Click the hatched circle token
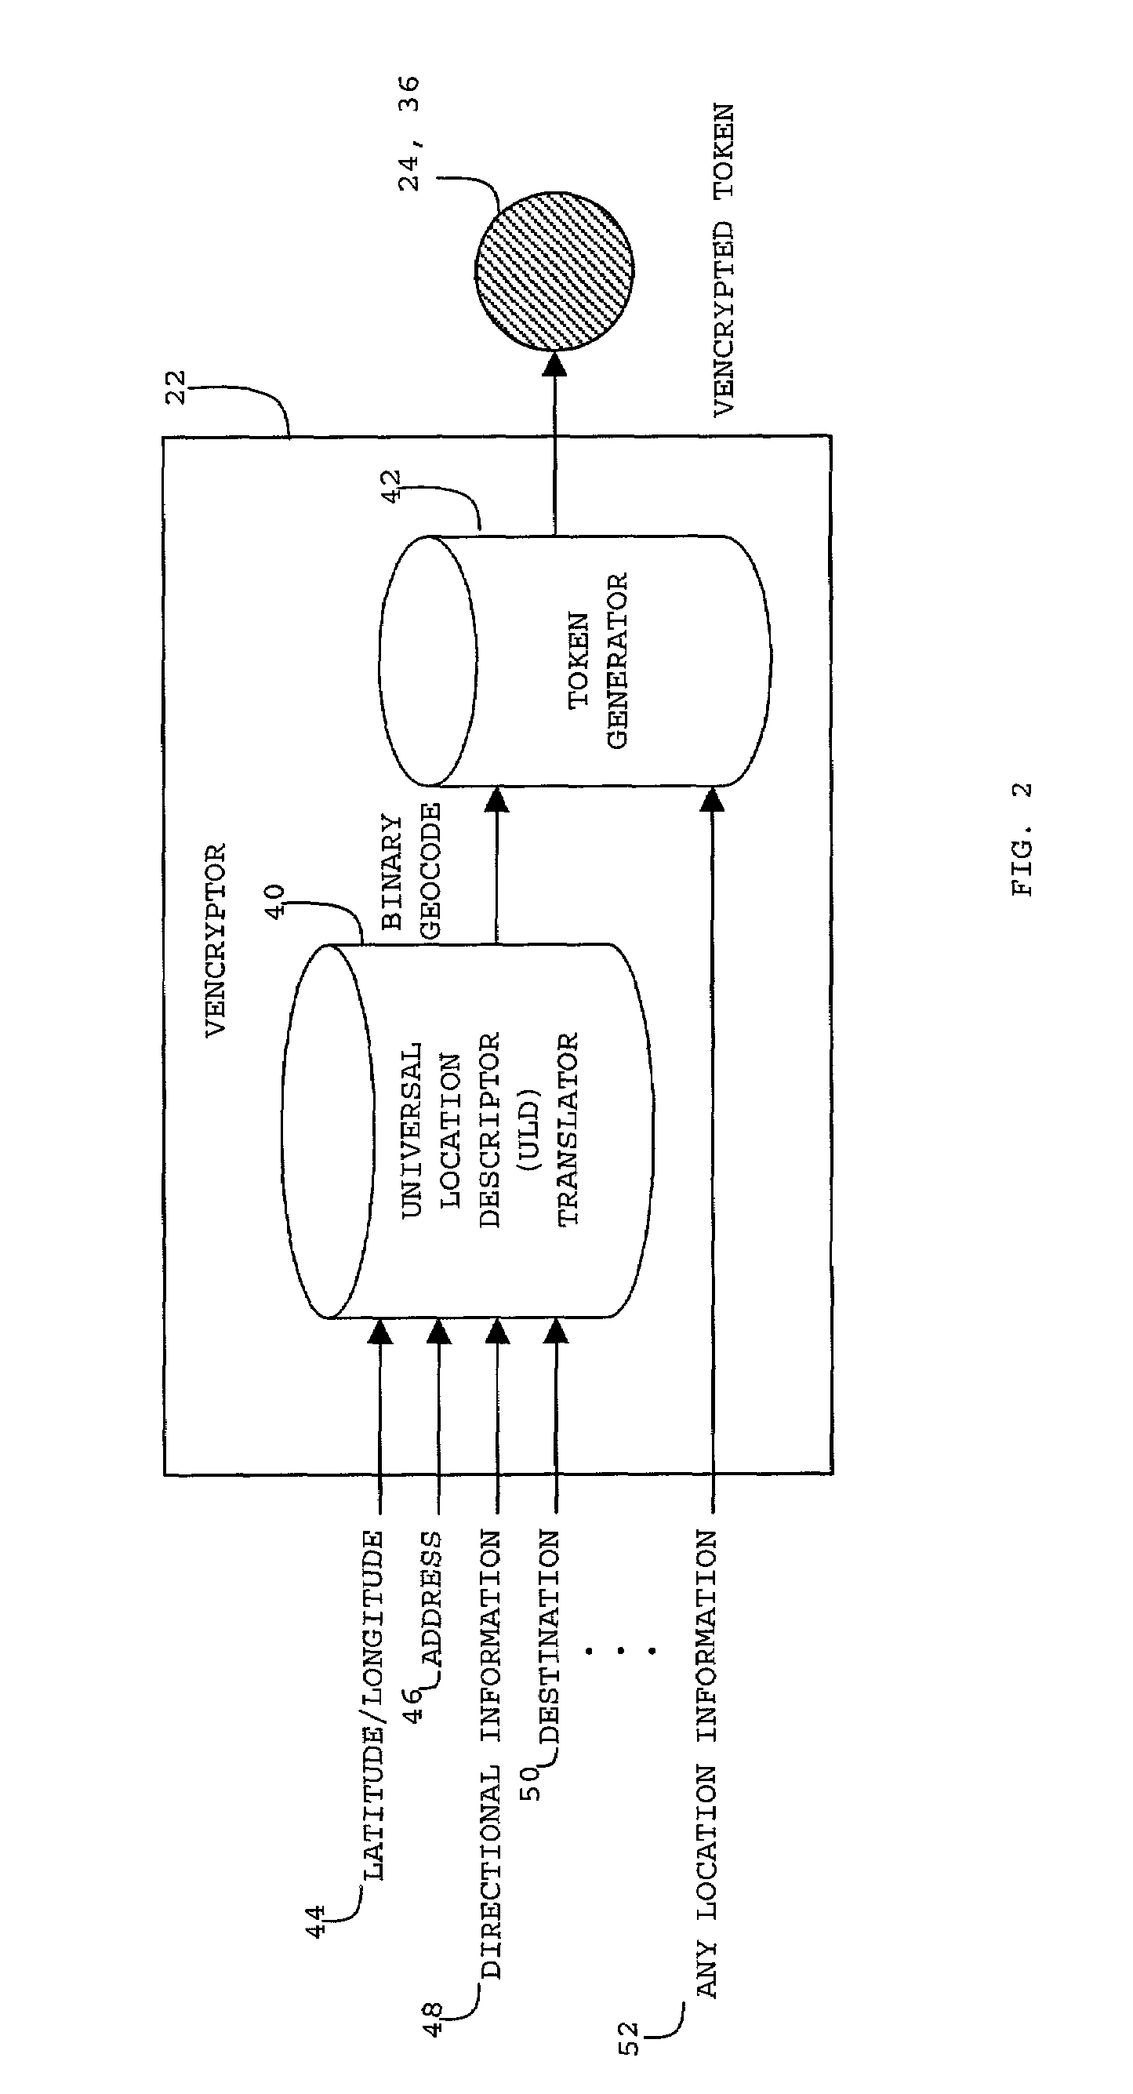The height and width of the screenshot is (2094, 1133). click(554, 271)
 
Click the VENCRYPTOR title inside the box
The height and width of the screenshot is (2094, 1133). click(215, 940)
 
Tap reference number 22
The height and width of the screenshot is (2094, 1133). click(176, 387)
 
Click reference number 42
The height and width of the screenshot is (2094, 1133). click(392, 486)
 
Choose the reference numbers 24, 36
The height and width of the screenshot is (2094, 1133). click(409, 133)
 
